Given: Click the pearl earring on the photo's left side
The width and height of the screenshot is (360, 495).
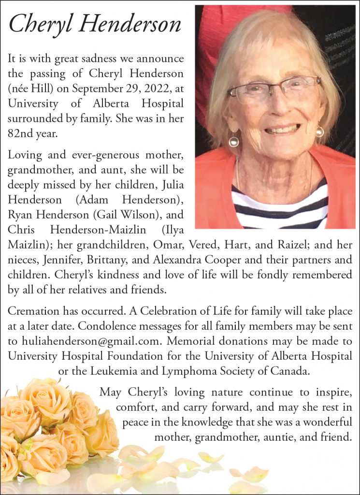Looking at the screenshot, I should coord(234,142).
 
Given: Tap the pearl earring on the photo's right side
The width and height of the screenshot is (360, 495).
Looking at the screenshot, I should coord(319,131).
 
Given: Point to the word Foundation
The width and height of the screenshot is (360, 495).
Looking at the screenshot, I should coord(144,356).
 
